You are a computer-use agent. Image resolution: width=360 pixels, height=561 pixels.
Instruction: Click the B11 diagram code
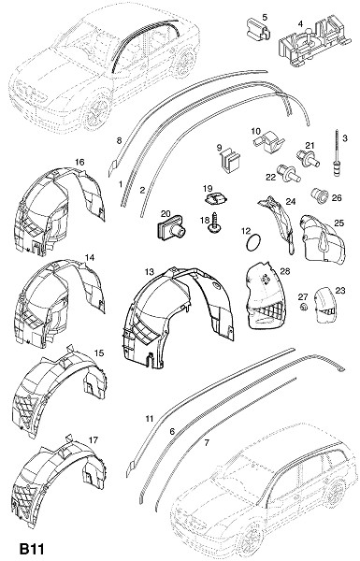(x=32, y=549)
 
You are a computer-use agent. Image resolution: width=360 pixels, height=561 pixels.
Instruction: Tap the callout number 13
(x=150, y=272)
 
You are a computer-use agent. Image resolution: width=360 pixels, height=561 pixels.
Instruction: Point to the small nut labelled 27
(x=304, y=307)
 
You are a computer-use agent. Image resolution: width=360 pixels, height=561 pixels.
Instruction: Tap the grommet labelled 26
(x=321, y=195)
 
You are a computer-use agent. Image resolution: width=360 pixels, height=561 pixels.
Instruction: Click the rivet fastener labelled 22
(x=289, y=173)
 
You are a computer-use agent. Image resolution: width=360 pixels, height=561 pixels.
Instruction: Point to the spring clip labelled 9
(x=230, y=161)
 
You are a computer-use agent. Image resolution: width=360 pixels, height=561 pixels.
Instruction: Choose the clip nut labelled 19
(x=216, y=198)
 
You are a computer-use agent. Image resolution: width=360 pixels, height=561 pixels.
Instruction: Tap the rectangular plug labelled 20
(x=171, y=229)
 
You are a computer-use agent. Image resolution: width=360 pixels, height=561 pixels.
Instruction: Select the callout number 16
(x=79, y=162)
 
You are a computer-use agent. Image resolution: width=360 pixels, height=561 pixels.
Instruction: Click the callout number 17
(x=94, y=439)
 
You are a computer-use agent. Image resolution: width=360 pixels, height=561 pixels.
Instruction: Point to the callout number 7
(x=207, y=443)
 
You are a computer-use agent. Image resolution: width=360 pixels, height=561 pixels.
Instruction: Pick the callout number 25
(x=338, y=223)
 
